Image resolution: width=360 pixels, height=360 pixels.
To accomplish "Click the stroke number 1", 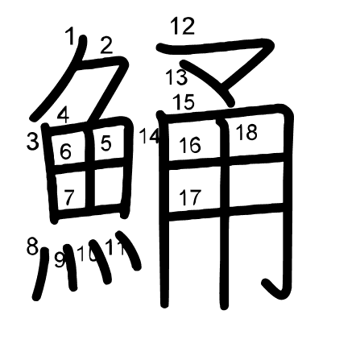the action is click(x=70, y=36).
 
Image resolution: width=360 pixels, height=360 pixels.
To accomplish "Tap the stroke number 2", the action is click(x=106, y=45).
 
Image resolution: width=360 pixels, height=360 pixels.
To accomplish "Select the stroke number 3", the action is click(x=32, y=142).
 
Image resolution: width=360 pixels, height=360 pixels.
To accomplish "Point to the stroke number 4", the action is click(x=64, y=115).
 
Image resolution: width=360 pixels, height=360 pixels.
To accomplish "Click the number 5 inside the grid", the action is click(x=106, y=143).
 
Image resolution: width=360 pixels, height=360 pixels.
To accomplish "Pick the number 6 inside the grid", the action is click(x=65, y=151).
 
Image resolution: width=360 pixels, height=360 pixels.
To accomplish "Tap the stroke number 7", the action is click(x=68, y=197).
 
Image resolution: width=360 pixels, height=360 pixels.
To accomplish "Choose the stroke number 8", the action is click(x=32, y=246).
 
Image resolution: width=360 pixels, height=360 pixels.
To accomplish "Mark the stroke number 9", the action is click(x=60, y=260).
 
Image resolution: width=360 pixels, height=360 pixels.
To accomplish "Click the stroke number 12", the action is click(x=183, y=26).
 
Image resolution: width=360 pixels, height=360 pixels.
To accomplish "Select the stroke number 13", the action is click(x=176, y=77).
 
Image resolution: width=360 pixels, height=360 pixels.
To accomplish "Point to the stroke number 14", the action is click(x=150, y=136).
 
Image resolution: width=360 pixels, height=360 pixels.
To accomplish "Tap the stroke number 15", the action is click(x=184, y=102).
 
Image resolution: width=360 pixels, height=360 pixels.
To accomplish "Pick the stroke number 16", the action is click(x=190, y=145).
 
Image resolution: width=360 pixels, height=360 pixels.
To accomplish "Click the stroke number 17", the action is click(x=190, y=197).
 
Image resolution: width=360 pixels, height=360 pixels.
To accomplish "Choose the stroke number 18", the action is click(x=246, y=132).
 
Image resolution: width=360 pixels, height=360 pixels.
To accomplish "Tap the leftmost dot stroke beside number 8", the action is click(x=41, y=274).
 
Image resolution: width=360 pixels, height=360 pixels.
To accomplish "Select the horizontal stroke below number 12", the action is click(x=215, y=46).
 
